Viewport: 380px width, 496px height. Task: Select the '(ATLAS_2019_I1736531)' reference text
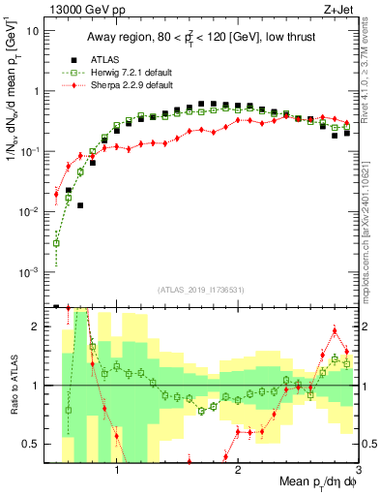(200, 290)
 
